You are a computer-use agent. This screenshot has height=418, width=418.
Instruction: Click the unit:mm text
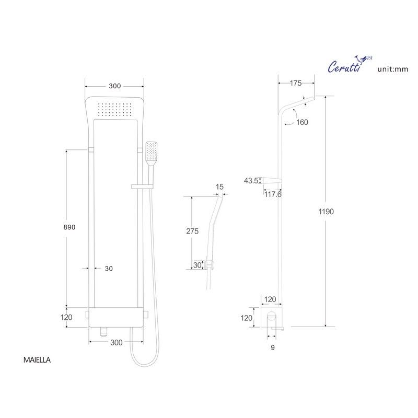(393, 69)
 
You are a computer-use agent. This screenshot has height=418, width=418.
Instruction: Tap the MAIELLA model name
(37, 360)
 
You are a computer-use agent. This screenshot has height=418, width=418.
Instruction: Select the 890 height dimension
(69, 227)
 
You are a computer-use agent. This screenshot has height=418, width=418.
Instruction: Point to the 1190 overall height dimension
(326, 212)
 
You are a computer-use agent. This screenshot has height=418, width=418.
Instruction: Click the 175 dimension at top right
(296, 83)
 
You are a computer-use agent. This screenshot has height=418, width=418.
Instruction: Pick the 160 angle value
(302, 122)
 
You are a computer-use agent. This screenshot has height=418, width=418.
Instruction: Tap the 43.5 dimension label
(251, 180)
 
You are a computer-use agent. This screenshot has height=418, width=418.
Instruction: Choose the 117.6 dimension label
(273, 194)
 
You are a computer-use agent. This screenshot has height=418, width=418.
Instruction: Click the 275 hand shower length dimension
(192, 231)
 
